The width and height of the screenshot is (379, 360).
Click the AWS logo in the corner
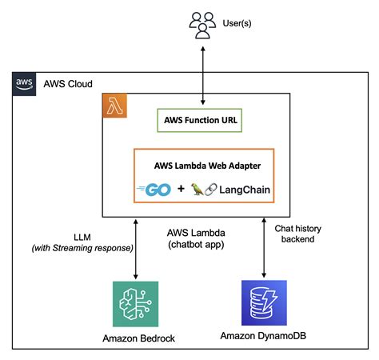(24, 83)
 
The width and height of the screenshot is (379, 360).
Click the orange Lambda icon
(115, 106)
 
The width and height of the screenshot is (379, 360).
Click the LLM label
(82, 238)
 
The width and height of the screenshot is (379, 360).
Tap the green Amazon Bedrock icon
(138, 303)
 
